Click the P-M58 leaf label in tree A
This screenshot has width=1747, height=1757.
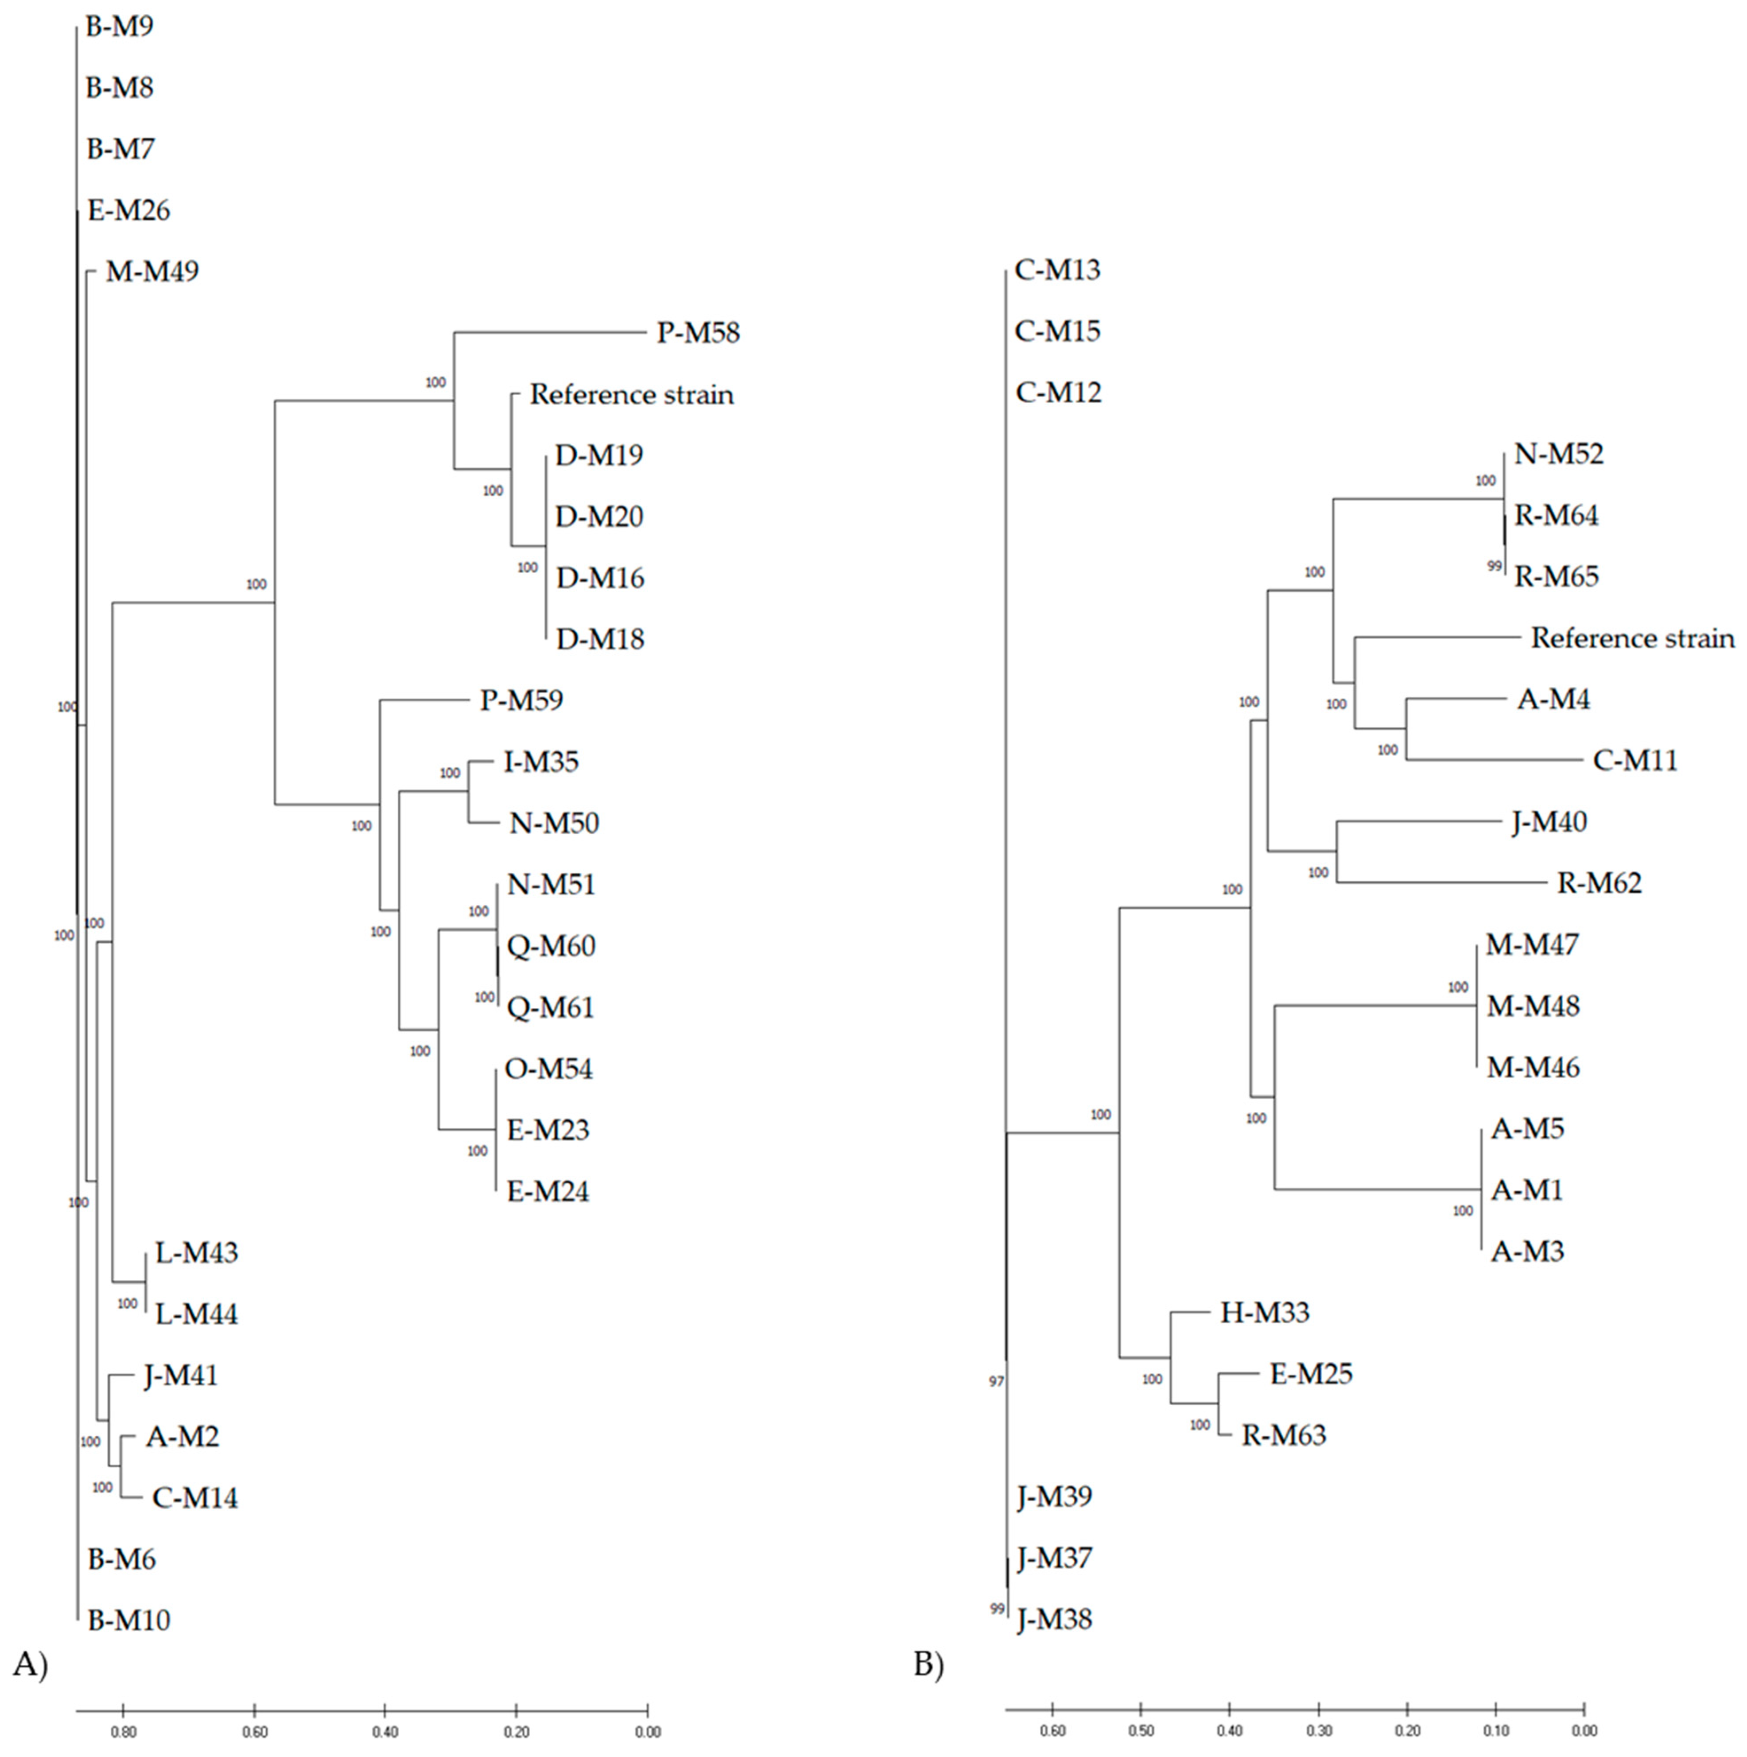click(698, 333)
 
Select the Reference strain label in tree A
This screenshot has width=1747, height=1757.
click(631, 395)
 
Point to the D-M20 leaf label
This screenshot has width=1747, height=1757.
click(599, 517)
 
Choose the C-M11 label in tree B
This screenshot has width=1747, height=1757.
click(1634, 760)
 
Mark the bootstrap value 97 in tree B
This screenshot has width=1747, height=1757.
click(997, 1381)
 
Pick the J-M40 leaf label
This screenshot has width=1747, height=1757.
click(1549, 822)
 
